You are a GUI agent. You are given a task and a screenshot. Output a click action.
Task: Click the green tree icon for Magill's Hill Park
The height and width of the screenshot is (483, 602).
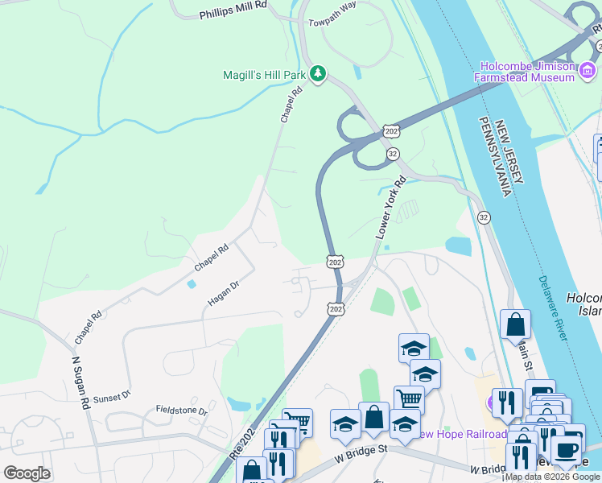(x=319, y=74)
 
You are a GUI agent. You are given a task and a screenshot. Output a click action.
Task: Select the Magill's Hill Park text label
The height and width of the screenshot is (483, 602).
(x=265, y=75)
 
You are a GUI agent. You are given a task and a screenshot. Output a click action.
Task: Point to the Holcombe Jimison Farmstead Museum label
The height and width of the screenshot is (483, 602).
(x=528, y=72)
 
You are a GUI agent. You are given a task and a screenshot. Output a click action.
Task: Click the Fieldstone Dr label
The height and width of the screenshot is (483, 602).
(x=181, y=410)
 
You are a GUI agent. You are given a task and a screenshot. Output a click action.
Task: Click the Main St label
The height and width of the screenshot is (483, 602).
(x=525, y=354)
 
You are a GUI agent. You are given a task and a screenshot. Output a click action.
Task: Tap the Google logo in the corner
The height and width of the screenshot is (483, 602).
(x=27, y=473)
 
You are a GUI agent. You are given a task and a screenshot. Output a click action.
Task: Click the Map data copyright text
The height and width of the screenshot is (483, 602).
(x=552, y=477)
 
